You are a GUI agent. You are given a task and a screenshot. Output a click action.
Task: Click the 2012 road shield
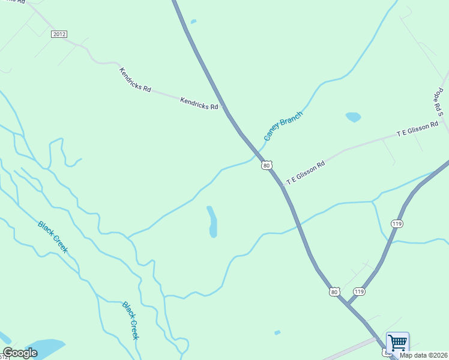click(59, 34)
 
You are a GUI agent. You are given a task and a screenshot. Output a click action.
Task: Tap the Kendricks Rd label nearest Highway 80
click(199, 103)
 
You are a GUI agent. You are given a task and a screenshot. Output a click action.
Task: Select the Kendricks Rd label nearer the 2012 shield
click(135, 79)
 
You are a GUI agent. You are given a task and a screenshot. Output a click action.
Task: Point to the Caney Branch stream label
click(283, 126)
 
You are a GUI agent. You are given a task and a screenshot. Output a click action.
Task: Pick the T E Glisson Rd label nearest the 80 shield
click(306, 172)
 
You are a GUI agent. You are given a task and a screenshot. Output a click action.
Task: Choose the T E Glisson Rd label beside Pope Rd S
click(418, 130)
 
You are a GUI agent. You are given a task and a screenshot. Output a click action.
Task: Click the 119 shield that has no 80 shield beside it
click(397, 224)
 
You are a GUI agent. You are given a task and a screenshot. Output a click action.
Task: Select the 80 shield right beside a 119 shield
click(335, 292)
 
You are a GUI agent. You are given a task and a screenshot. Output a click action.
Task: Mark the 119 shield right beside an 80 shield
click(359, 292)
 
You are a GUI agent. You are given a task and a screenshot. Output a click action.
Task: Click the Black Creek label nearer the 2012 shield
click(53, 236)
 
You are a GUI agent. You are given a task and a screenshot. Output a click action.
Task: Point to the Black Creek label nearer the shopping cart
click(131, 320)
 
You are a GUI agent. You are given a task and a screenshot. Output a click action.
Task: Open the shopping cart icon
click(397, 343)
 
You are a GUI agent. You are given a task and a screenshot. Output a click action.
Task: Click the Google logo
click(20, 353)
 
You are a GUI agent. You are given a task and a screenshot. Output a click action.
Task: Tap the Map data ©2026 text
click(424, 355)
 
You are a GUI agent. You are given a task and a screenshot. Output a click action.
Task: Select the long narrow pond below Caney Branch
click(212, 222)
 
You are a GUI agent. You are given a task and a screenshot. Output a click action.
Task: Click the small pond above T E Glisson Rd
click(353, 117)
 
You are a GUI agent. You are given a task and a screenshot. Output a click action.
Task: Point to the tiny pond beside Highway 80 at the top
click(193, 22)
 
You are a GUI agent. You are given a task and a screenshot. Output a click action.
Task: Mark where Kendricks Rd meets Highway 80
click(224, 108)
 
